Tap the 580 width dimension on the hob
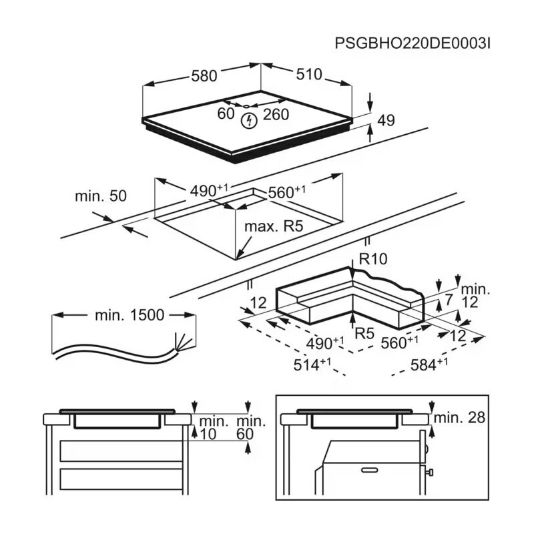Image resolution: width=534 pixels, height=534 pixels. coord(204,76)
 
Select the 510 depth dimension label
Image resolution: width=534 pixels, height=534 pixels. coord(309,75)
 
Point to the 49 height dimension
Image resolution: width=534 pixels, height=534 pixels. coord(386,120)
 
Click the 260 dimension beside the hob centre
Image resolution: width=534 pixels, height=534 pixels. coord(276,114)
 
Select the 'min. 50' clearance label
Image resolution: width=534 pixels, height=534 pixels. coord(101,196)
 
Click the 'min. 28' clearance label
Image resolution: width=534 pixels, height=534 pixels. coord(459,419)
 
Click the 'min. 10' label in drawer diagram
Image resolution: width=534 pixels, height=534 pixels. coord(213,428)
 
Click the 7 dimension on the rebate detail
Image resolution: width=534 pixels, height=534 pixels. coord(449,300)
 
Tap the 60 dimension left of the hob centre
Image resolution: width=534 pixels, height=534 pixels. coord(226,114)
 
